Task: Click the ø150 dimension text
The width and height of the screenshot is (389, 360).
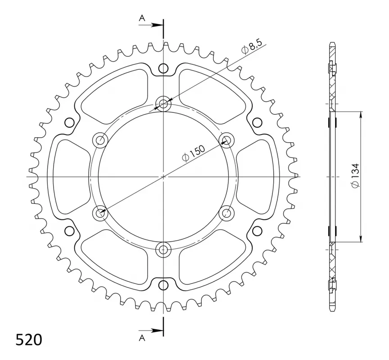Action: (x=194, y=153)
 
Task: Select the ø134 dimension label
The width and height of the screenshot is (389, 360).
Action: (x=356, y=175)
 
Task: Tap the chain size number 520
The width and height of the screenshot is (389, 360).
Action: (x=29, y=340)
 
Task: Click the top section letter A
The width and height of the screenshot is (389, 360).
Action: (x=142, y=18)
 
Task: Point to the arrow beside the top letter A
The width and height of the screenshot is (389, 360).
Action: (x=151, y=25)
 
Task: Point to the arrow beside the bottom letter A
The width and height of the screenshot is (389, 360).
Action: (x=151, y=330)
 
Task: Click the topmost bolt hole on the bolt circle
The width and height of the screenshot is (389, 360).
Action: (x=163, y=103)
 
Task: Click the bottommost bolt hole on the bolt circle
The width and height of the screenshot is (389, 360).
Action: (x=163, y=249)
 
